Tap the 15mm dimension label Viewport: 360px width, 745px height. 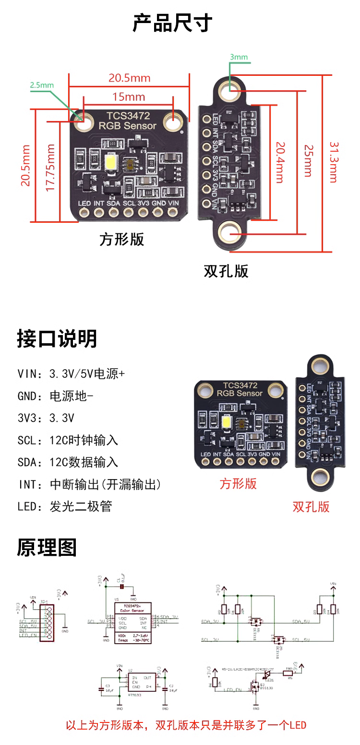pos(129,96)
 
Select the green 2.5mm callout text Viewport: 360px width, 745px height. pos(42,85)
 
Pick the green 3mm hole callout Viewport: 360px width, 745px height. pos(239,57)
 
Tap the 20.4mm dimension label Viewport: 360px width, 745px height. pos(279,162)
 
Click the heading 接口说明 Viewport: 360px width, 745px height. pos(57,338)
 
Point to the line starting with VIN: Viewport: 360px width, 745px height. pos(71,373)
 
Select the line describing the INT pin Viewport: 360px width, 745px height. pos(89,484)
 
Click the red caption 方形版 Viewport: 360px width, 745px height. pos(238,483)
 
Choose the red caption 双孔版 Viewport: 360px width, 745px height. pos(311,506)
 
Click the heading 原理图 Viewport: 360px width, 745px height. pos(47,547)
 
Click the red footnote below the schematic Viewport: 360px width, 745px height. pos(186,725)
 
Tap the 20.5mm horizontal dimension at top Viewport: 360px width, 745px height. pos(129,78)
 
